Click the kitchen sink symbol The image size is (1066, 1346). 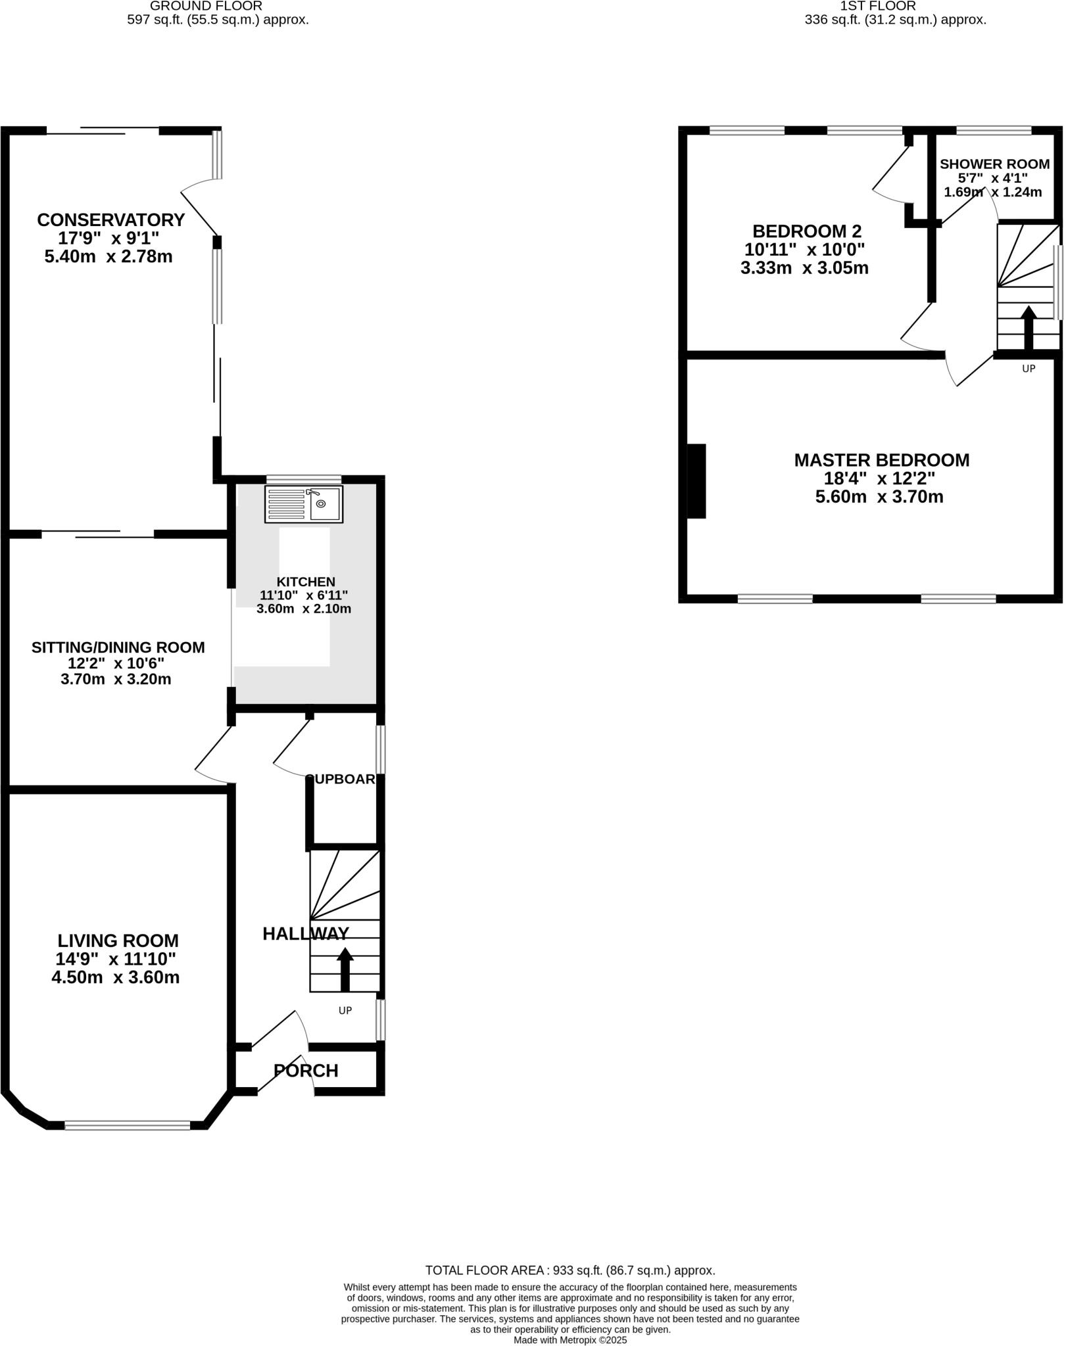(x=304, y=504)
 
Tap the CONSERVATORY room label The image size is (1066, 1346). (x=110, y=220)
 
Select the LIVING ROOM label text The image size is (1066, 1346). (x=118, y=940)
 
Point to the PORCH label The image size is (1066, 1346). (x=306, y=1071)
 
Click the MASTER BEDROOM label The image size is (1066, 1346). (x=881, y=460)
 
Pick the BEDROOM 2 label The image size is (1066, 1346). (x=807, y=231)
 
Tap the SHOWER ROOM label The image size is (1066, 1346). (x=994, y=164)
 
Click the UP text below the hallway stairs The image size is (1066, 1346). (x=345, y=1010)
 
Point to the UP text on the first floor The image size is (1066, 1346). (x=1029, y=369)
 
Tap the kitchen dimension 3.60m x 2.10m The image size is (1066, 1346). (x=303, y=609)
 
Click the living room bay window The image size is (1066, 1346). (x=128, y=1126)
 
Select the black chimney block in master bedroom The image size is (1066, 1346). (x=696, y=481)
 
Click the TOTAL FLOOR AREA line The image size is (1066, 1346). (x=569, y=1270)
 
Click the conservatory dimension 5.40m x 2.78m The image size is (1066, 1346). (x=109, y=256)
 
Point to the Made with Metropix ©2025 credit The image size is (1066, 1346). (x=570, y=1340)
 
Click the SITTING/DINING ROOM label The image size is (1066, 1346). (x=118, y=647)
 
